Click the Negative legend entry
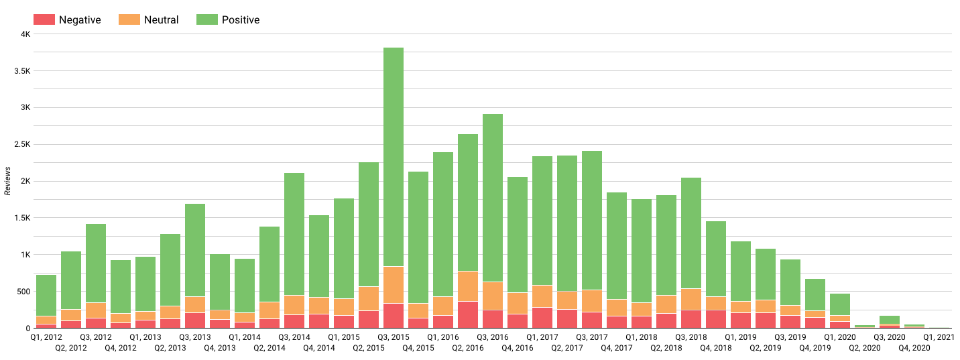(x=66, y=20)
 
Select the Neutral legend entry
(x=149, y=20)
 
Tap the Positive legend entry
(x=228, y=20)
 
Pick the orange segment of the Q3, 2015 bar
(x=394, y=285)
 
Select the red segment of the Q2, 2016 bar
(x=468, y=315)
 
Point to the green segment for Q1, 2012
(x=46, y=295)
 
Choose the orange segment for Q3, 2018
(x=691, y=299)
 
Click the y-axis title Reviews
(x=7, y=182)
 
